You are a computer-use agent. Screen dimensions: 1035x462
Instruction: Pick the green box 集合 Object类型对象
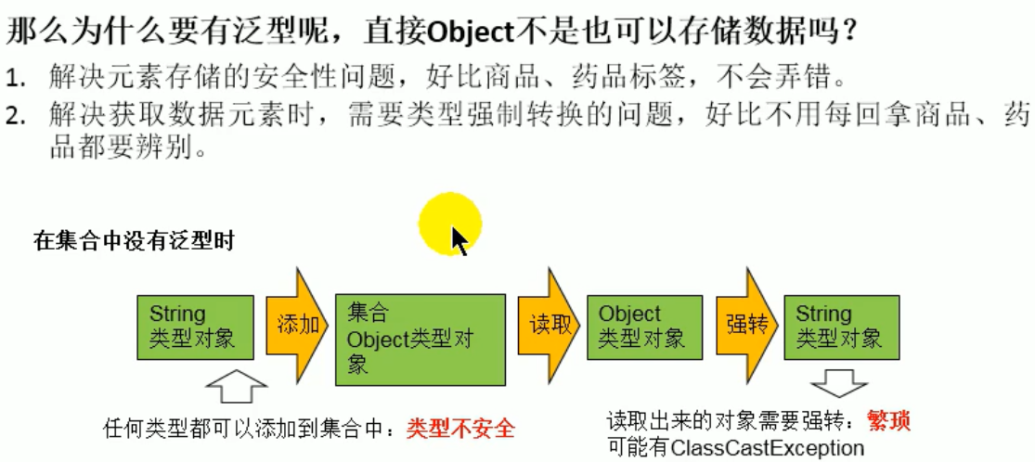[x=420, y=340]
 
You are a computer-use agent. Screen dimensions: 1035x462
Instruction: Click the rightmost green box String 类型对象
[x=840, y=327]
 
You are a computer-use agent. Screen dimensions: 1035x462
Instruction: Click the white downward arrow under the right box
[x=839, y=384]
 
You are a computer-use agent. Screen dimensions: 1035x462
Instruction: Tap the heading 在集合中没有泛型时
[x=134, y=243]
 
